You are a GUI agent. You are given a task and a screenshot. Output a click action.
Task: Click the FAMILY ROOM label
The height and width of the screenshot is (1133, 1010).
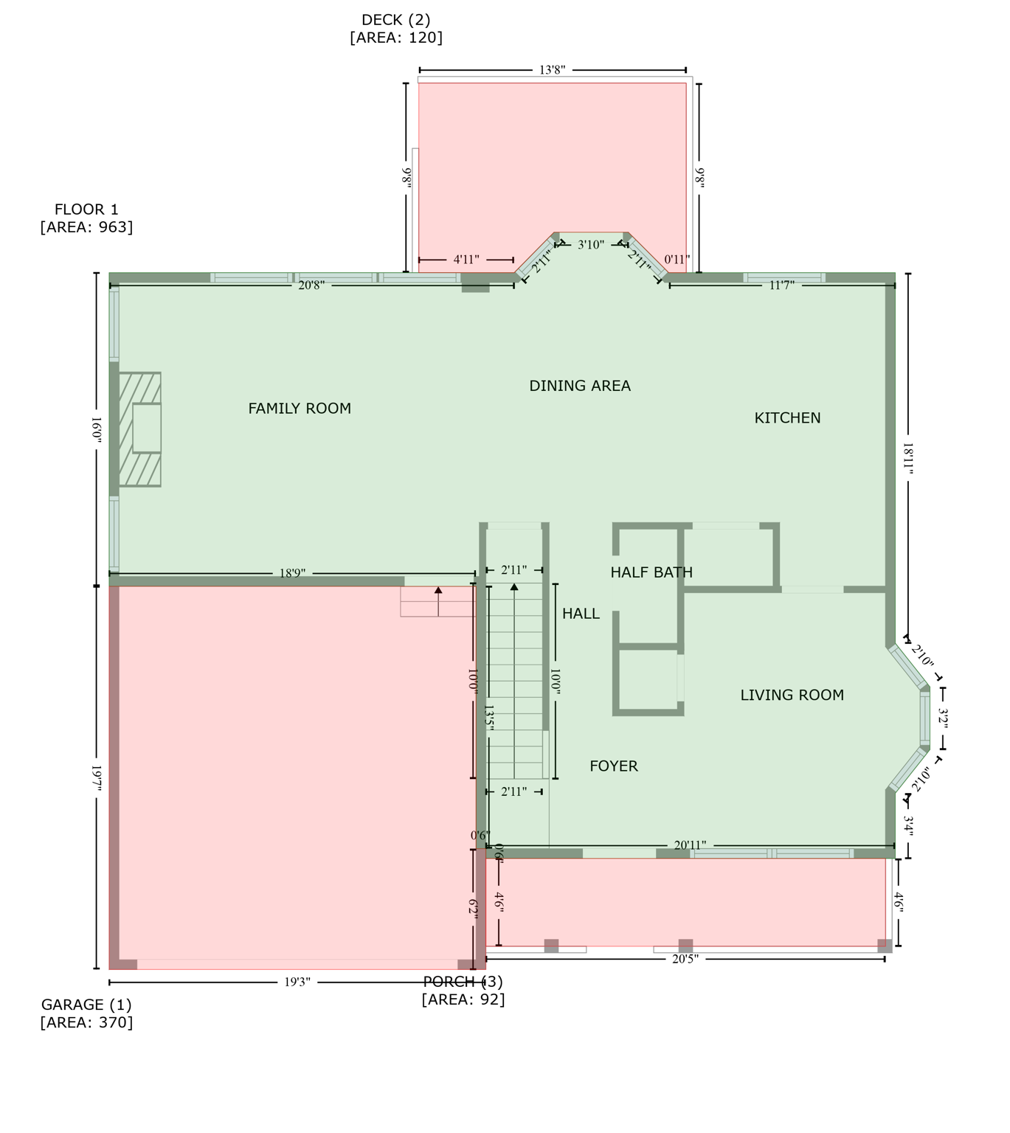(300, 409)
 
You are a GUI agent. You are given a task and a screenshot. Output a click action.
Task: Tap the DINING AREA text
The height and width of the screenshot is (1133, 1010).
(580, 386)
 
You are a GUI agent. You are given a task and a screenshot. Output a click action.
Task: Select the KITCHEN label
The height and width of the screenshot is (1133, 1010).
(787, 418)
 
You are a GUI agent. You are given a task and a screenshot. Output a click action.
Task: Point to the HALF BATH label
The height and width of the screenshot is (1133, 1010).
(651, 572)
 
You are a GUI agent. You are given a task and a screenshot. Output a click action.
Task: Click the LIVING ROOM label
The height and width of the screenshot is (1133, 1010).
(792, 695)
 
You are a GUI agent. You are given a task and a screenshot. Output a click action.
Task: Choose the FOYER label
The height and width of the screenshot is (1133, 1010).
(614, 766)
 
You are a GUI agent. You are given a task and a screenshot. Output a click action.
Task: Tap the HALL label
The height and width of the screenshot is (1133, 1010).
(581, 614)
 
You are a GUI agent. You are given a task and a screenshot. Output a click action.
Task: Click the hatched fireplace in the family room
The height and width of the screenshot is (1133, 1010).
(139, 429)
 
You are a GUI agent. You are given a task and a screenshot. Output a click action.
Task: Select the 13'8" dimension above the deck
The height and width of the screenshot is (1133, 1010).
(552, 70)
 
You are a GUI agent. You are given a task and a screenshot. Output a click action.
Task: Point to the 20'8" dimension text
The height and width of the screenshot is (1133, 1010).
(311, 285)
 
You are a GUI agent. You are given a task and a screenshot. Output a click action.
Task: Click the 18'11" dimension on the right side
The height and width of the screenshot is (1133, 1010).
(908, 458)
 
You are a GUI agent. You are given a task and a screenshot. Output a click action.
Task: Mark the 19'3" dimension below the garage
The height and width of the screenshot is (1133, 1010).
(297, 983)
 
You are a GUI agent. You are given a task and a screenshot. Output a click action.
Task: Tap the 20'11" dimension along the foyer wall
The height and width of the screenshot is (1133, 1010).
(690, 845)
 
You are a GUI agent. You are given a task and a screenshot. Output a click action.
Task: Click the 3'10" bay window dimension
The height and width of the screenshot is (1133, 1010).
(590, 245)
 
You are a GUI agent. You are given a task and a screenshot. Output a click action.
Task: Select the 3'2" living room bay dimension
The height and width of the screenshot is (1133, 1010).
(943, 718)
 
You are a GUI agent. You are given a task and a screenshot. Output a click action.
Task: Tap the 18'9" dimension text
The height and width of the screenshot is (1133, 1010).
(292, 573)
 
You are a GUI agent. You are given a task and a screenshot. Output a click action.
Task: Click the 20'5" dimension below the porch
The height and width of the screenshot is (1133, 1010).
(685, 959)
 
